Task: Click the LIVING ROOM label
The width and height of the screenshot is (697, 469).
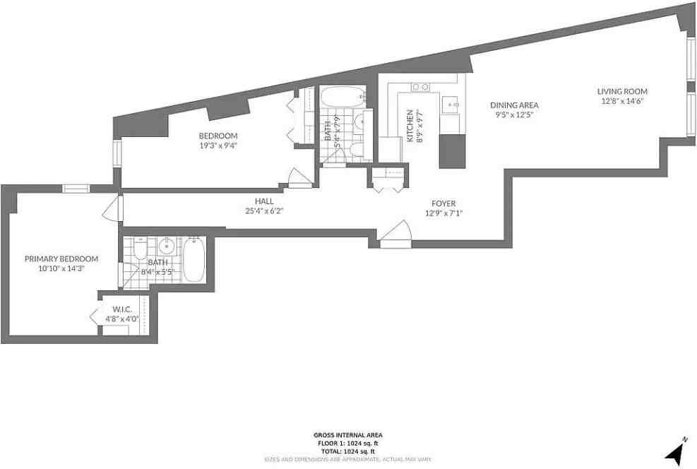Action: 622,92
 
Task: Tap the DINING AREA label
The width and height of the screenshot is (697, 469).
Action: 514,105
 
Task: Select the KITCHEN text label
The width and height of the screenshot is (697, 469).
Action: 410,126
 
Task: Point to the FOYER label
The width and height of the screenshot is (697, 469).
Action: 443,203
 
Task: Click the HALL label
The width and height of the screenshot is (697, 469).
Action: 265,201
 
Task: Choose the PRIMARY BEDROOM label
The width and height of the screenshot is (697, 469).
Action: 61,259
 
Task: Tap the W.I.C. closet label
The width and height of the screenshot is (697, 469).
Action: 121,309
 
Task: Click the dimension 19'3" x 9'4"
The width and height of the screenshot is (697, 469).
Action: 218,146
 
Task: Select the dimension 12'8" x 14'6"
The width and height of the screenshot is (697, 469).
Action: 622,101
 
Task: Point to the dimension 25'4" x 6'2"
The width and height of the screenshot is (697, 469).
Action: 264,211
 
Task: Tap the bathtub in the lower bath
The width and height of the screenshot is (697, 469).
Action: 194,260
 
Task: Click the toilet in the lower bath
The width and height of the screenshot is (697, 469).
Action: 140,249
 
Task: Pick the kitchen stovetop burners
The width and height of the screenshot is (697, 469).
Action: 420,87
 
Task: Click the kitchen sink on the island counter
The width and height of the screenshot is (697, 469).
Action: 451,105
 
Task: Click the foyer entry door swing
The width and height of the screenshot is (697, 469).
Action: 395,233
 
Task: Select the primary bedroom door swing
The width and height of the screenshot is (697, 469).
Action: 113,208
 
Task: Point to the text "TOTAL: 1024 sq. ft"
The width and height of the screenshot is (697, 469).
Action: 348,451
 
